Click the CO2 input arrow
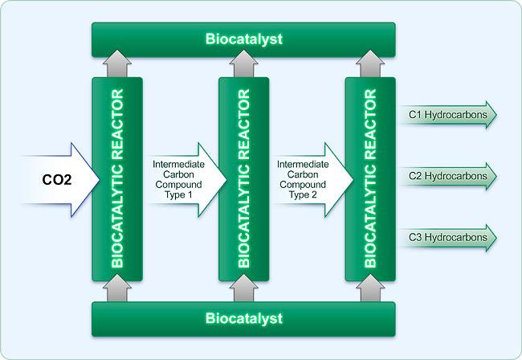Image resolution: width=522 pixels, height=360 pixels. coord(60,180)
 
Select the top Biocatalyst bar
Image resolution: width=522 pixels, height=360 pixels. coord(243,39)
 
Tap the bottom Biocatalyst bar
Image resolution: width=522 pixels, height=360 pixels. coord(243,319)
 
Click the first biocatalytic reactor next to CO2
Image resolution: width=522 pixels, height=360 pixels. coord(117,179)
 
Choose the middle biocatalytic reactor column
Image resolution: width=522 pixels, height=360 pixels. coord(243,179)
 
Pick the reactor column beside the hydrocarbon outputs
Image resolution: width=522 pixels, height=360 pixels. coord(370,179)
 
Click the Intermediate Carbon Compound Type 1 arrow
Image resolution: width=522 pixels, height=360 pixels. coord(187,180)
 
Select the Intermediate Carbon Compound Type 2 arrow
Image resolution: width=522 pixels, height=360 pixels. coord(313,180)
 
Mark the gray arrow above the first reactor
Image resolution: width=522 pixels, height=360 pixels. coord(117,63)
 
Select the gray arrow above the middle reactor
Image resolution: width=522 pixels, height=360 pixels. coord(243,63)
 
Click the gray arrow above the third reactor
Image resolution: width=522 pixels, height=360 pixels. coord(370,63)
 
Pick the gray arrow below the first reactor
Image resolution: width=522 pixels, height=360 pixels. coord(117,288)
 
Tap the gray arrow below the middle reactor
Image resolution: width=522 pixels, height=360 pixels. coord(243,288)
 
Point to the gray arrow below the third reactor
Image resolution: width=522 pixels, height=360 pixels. coord(370,288)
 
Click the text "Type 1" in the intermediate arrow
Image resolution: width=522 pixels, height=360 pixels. coord(178,194)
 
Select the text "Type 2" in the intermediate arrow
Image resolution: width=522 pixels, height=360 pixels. coord(303,194)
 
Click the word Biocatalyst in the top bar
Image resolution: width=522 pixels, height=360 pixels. coord(244,39)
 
